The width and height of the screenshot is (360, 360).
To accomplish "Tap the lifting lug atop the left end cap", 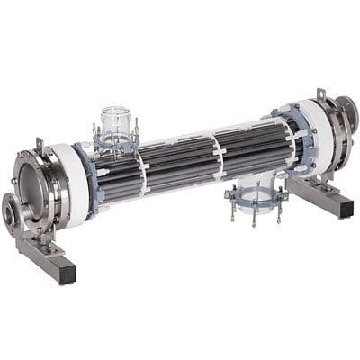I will click(x=39, y=144).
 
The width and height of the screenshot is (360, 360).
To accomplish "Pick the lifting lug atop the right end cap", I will click(x=320, y=94).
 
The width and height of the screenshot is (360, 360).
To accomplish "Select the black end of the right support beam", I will click(x=345, y=208).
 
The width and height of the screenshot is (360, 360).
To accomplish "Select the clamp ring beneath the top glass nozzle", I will click(x=116, y=141).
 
